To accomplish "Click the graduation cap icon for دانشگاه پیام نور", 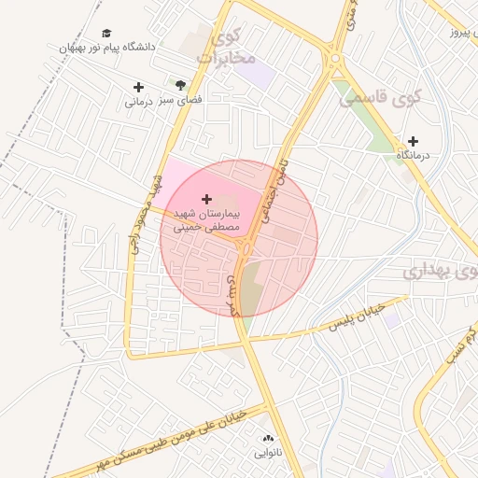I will [x=105, y=33].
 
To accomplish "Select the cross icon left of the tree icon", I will [x=139, y=88].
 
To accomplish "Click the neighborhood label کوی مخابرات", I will [x=227, y=49].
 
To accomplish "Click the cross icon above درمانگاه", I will [x=413, y=141].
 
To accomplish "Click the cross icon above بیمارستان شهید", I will [x=206, y=199].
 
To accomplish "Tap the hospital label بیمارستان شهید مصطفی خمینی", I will [x=206, y=220].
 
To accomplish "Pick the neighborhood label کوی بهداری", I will [x=440, y=271].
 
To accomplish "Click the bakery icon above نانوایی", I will [x=269, y=438].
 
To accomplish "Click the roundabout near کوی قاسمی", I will [x=335, y=63].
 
